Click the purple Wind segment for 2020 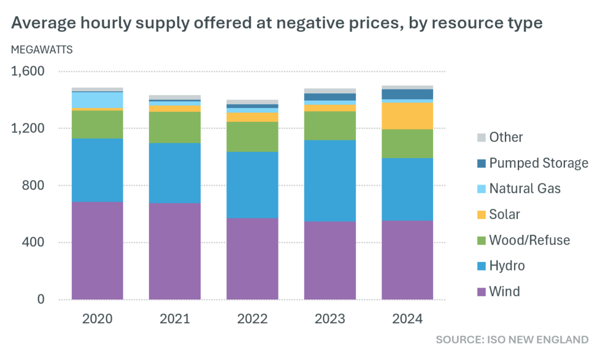coord(97,251)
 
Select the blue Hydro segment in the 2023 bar coord(330,181)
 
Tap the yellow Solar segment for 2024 coord(408,116)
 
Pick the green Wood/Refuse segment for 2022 coord(252,137)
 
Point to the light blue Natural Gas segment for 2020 coord(97,100)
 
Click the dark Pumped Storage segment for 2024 coord(408,94)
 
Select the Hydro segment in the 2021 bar coord(175,173)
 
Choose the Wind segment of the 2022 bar coord(252,259)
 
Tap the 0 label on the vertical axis coord(40,299)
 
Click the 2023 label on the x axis coord(330,319)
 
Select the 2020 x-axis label coord(97,319)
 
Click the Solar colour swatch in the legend coord(481,215)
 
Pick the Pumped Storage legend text coord(539,163)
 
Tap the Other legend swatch coord(481,138)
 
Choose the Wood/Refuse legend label coord(530,240)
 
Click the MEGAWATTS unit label coord(42,49)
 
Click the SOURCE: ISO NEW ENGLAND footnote coord(512,340)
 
